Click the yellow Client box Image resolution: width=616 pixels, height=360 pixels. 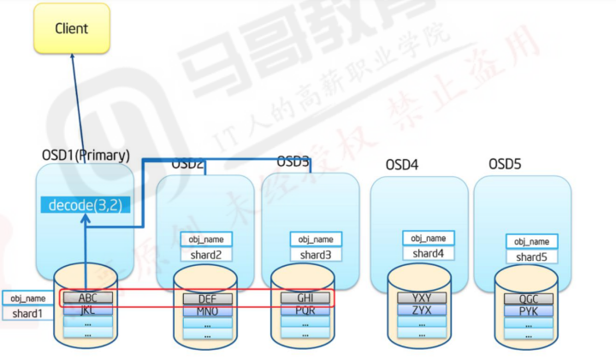pos(72,28)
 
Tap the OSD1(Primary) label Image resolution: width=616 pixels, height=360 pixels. pos(86,156)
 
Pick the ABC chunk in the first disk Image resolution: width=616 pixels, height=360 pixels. pos(87,298)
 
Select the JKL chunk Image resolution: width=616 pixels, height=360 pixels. pos(87,310)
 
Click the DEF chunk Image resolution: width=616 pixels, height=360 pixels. pos(206,298)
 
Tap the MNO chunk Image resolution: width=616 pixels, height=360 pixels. pos(206,310)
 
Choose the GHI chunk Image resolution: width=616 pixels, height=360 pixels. pos(305,298)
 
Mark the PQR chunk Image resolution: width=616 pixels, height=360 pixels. pos(305,310)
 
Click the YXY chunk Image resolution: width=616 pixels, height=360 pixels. pos(422,298)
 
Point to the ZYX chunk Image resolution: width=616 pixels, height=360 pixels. pos(422,310)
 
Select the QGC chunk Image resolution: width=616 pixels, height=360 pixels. pos(528,298)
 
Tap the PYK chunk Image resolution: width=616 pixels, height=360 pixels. pos(528,310)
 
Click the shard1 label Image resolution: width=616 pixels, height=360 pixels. pos(26,314)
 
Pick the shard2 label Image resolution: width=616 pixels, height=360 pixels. pos(206,254)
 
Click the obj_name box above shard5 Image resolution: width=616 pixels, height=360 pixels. pos(531,242)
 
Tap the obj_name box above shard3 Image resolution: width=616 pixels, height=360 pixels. pos(316,239)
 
